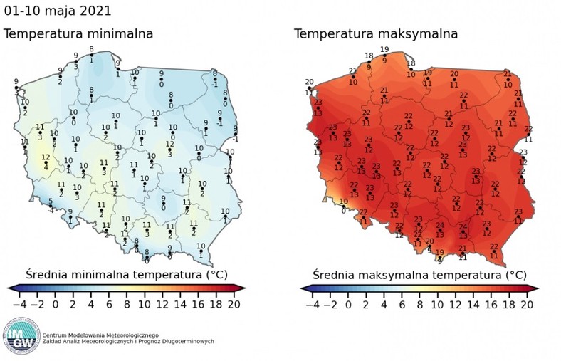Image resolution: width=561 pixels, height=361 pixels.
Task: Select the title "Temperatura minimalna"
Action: (78, 34)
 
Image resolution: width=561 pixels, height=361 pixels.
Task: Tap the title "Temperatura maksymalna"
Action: (376, 34)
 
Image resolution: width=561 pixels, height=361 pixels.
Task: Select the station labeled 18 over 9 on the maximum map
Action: (369, 61)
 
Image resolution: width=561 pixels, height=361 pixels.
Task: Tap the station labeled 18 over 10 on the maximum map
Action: (411, 68)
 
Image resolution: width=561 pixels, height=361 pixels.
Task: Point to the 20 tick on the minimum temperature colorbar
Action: (233, 303)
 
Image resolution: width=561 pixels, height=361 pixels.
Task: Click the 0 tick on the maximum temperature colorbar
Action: (348, 303)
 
